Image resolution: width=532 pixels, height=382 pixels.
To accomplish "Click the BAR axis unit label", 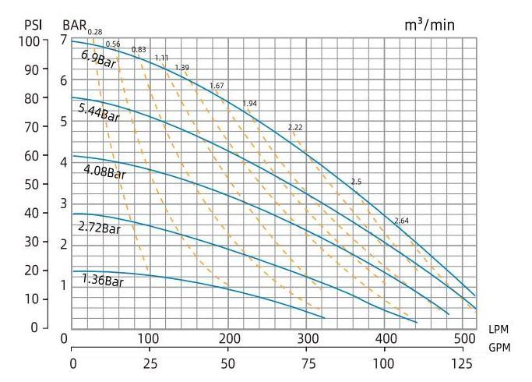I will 75,25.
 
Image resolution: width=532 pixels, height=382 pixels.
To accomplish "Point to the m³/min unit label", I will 428,25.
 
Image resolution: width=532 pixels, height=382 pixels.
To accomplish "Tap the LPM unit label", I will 500,330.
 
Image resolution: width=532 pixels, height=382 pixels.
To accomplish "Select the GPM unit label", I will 500,348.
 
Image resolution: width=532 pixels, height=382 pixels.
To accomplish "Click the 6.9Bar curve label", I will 99,59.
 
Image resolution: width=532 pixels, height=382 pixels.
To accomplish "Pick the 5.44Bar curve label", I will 99,113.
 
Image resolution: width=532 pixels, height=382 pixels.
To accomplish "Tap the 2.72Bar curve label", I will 99,228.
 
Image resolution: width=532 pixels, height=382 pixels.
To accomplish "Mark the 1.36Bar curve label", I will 103,280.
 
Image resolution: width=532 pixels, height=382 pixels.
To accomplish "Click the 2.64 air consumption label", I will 401,221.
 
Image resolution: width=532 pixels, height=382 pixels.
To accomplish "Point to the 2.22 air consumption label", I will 294,127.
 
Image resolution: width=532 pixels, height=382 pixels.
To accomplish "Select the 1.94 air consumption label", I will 250,104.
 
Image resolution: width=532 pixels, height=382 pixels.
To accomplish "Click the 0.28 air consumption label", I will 95,31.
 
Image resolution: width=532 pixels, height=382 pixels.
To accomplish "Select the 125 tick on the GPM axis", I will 461,364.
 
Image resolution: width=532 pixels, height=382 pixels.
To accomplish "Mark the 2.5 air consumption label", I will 357,182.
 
